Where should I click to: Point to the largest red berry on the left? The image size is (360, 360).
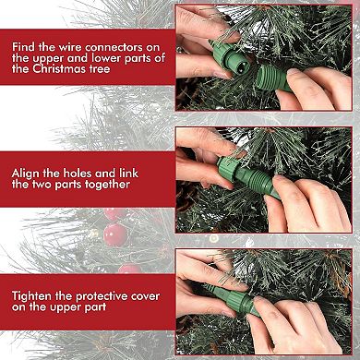coord(114,232)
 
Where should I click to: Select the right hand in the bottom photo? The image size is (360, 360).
coord(305,323)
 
